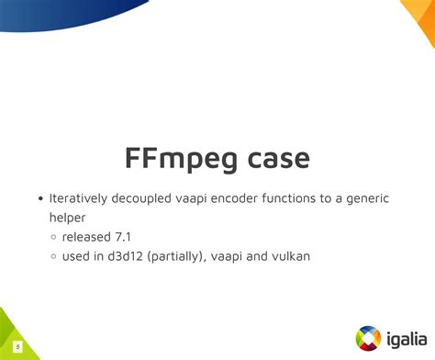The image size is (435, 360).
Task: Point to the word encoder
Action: pos(260,198)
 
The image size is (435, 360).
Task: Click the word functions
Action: pos(321,198)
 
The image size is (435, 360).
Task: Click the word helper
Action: pos(68,218)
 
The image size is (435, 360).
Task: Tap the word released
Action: pos(88,237)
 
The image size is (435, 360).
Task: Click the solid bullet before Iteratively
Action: pos(40,199)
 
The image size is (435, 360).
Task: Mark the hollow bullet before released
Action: pos(54,238)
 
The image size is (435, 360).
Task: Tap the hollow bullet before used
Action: pos(54,257)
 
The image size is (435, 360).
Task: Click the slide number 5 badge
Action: pos(17,346)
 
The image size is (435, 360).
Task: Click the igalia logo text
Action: pos(404,336)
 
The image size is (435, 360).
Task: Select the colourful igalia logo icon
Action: pos(367,336)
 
